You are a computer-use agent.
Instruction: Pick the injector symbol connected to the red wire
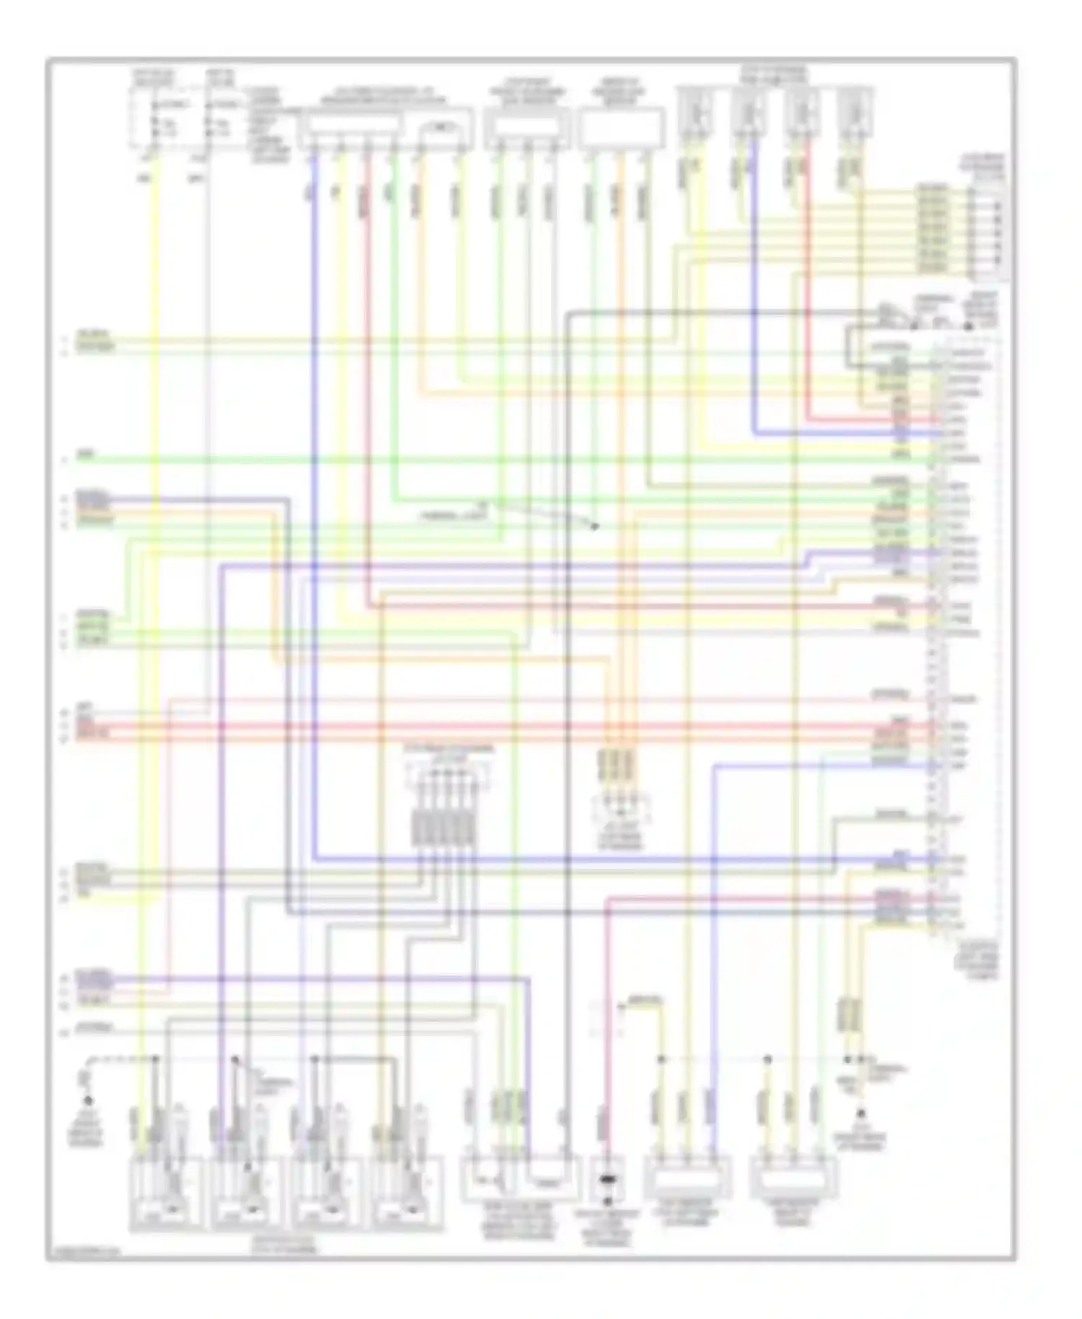(x=801, y=112)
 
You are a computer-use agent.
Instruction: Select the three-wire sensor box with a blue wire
(x=687, y=1176)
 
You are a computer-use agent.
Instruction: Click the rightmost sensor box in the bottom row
(x=793, y=1176)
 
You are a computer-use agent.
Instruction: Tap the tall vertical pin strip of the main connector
(x=935, y=635)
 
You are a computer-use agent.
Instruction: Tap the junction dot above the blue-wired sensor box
(x=660, y=1059)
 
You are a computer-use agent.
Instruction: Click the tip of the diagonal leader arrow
(x=596, y=527)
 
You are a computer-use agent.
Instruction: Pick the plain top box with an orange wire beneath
(x=622, y=126)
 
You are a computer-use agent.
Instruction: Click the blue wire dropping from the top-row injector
(x=754, y=289)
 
